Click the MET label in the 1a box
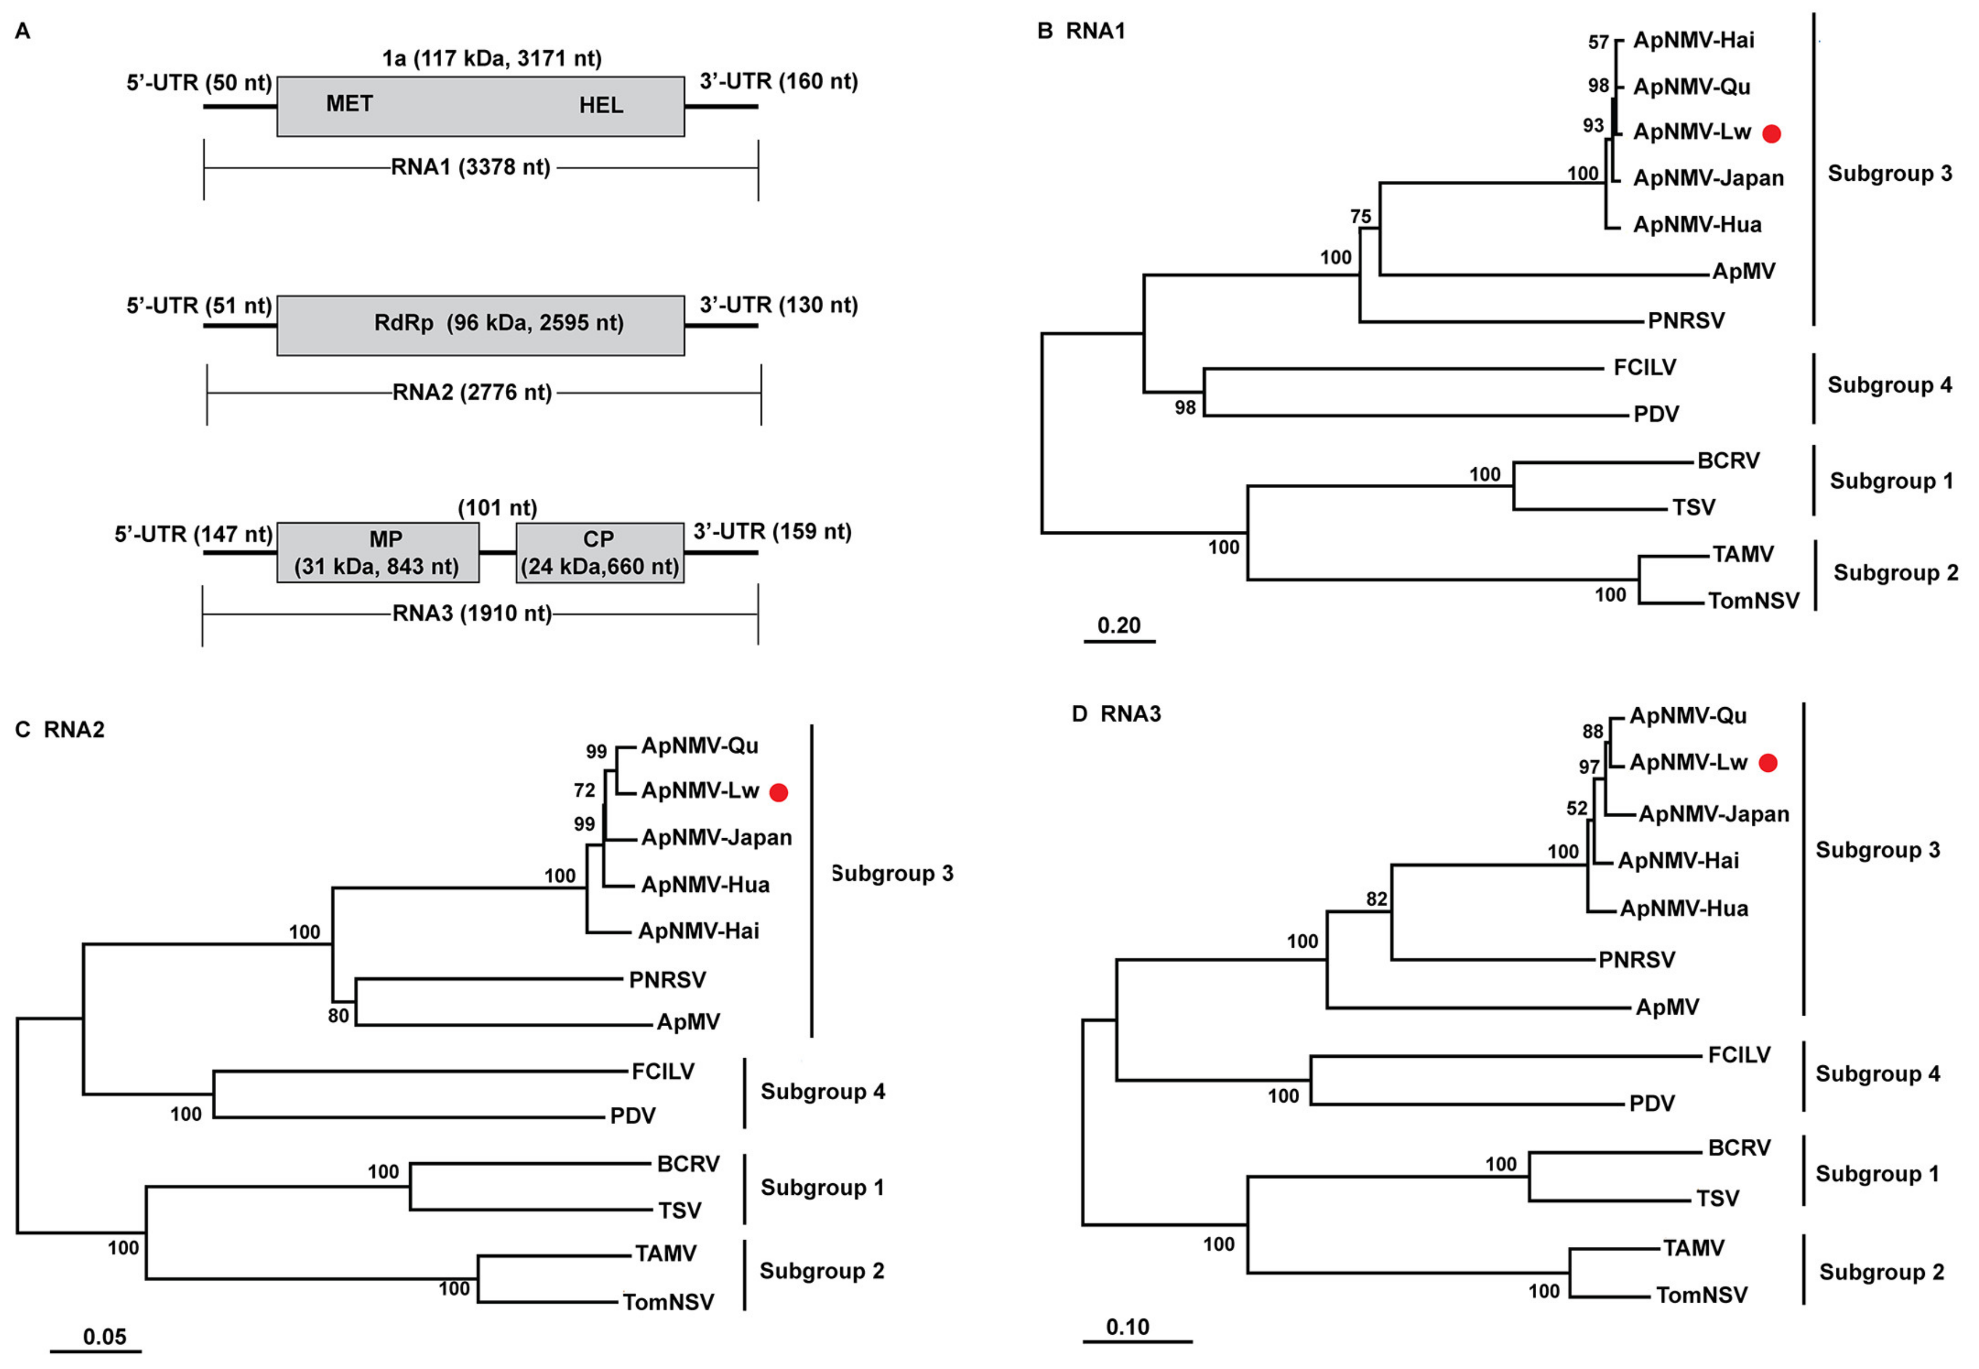pyautogui.click(x=349, y=104)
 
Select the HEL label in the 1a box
pyautogui.click(x=600, y=106)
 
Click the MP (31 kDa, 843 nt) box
pyautogui.click(x=377, y=553)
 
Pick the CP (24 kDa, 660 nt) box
pyautogui.click(x=599, y=553)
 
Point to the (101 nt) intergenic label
pyautogui.click(x=498, y=508)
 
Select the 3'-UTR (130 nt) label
pyautogui.click(x=778, y=305)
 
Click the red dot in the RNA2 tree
pyautogui.click(x=778, y=792)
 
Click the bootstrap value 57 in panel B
pyautogui.click(x=1598, y=42)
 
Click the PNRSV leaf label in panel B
pyautogui.click(x=1686, y=321)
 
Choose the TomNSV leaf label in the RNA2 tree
pyautogui.click(x=668, y=1302)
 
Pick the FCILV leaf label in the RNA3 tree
pyautogui.click(x=1739, y=1054)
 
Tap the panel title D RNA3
pyautogui.click(x=1117, y=714)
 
